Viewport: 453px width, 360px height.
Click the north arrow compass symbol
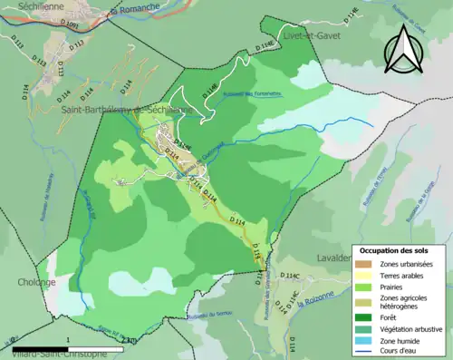coord(405,49)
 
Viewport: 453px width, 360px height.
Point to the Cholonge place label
coord(24,281)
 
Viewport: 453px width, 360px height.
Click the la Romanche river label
coord(126,13)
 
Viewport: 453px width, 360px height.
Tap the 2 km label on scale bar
coord(129,340)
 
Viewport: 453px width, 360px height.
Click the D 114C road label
coord(288,274)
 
